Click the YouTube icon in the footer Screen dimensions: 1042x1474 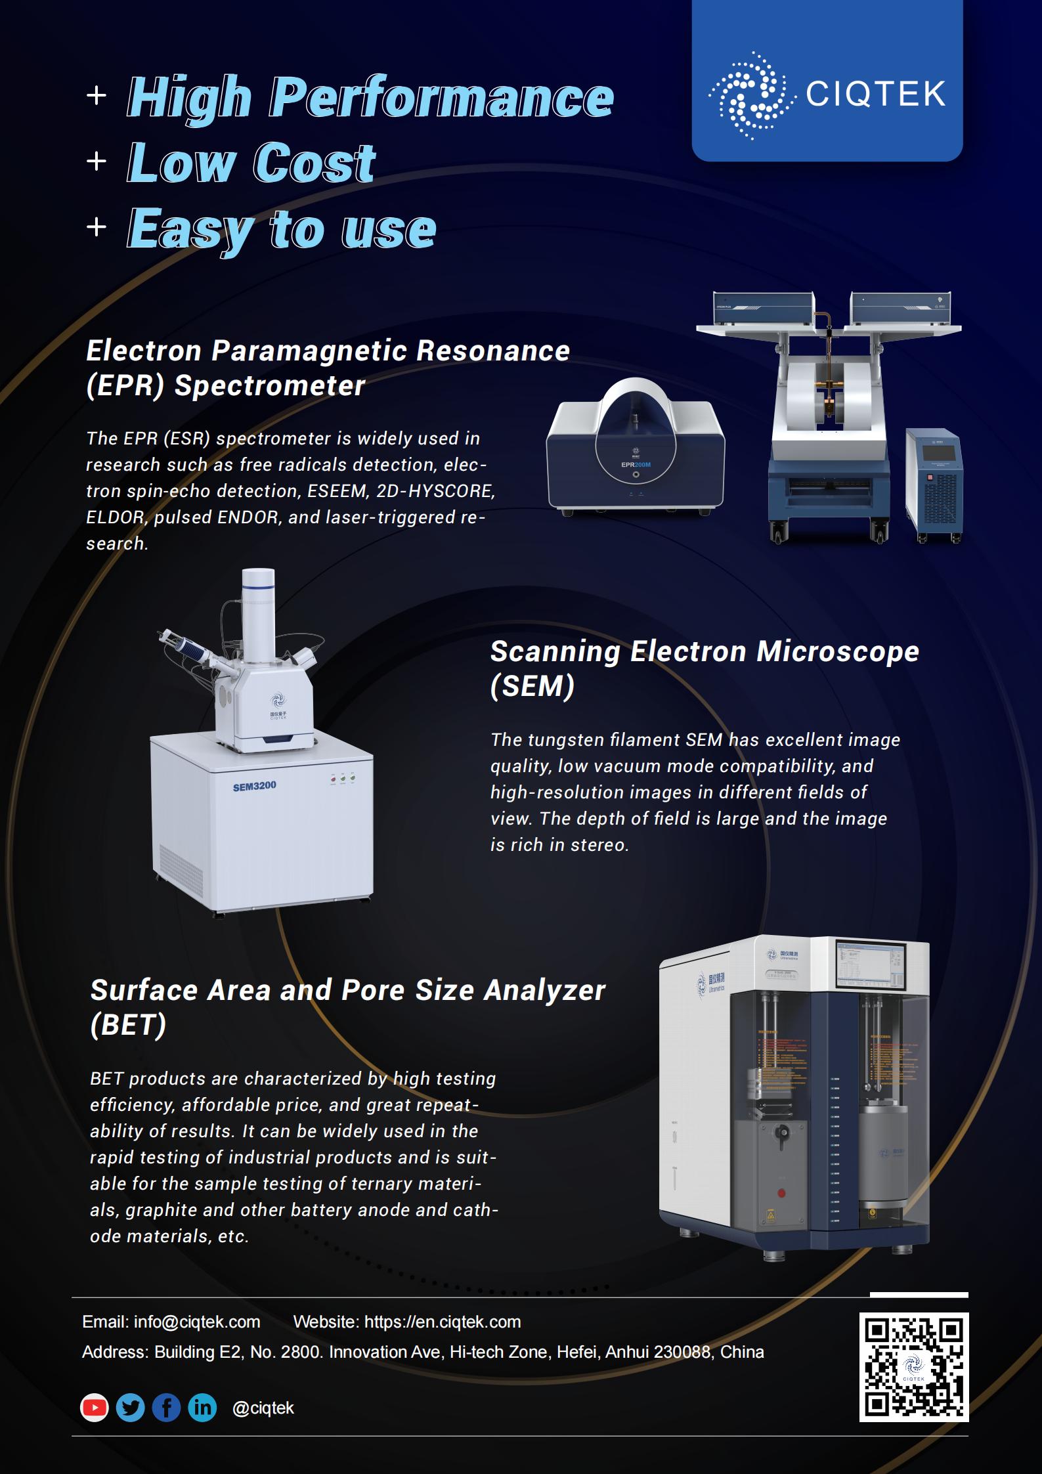(95, 1408)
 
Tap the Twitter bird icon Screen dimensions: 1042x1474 (131, 1408)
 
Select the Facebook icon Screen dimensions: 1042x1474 (166, 1408)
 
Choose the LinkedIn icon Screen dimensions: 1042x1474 (202, 1408)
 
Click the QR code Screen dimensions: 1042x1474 (914, 1367)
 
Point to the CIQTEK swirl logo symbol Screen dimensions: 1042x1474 (749, 96)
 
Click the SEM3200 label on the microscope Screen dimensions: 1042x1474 (255, 786)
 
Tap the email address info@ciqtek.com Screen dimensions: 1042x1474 (197, 1322)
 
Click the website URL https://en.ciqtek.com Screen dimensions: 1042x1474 (443, 1322)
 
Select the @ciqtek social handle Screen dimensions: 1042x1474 (263, 1408)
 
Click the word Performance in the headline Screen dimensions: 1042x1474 (442, 97)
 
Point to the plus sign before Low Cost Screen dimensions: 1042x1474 (97, 162)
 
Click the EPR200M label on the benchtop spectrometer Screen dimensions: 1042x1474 (636, 465)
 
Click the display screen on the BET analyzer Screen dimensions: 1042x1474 (871, 965)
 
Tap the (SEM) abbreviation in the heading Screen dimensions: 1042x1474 (532, 686)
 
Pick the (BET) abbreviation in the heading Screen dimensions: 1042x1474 (129, 1025)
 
